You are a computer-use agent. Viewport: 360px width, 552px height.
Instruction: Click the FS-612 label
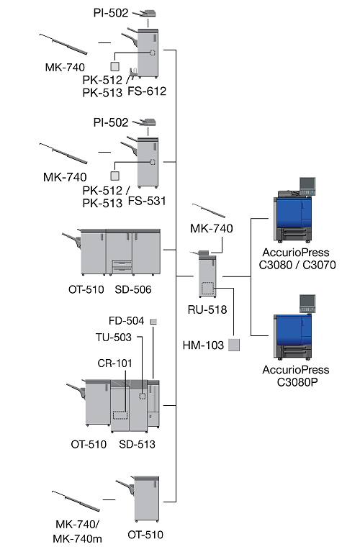147,91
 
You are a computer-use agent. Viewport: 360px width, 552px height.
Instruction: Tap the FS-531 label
147,201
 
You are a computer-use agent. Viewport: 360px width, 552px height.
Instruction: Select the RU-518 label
207,309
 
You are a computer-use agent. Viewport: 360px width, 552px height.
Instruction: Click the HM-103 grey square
234,345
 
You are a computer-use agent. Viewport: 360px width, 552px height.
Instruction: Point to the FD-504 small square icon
153,322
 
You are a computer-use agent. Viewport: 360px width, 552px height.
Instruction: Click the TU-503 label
114,338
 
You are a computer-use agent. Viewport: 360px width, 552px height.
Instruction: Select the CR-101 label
114,363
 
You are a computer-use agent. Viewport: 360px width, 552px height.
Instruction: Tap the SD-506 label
132,290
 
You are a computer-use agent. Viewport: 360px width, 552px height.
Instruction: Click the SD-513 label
137,444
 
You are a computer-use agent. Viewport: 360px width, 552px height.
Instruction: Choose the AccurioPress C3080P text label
296,376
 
